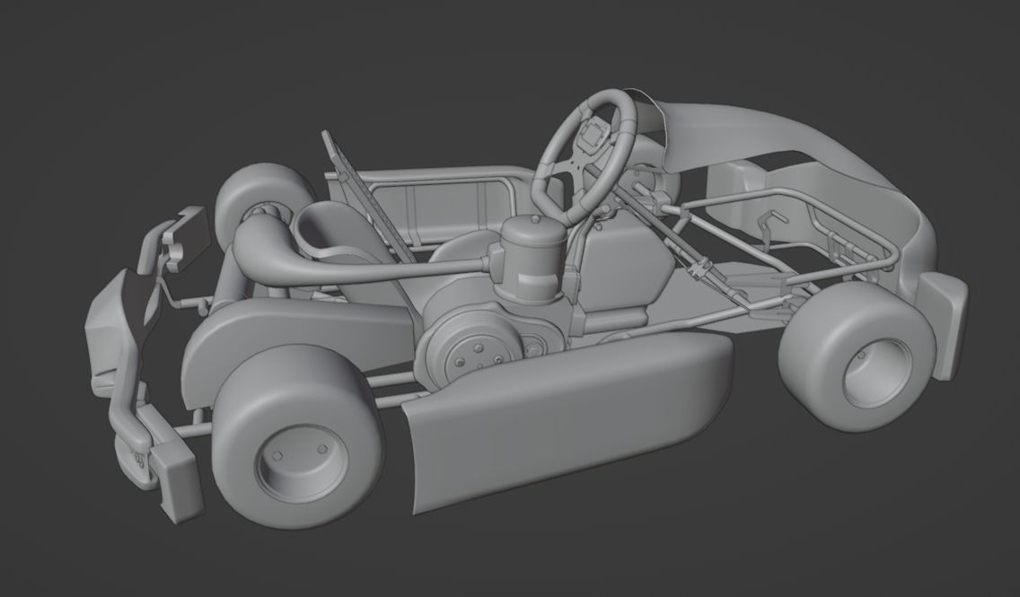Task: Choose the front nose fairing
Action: (808, 135)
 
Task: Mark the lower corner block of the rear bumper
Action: (177, 485)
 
